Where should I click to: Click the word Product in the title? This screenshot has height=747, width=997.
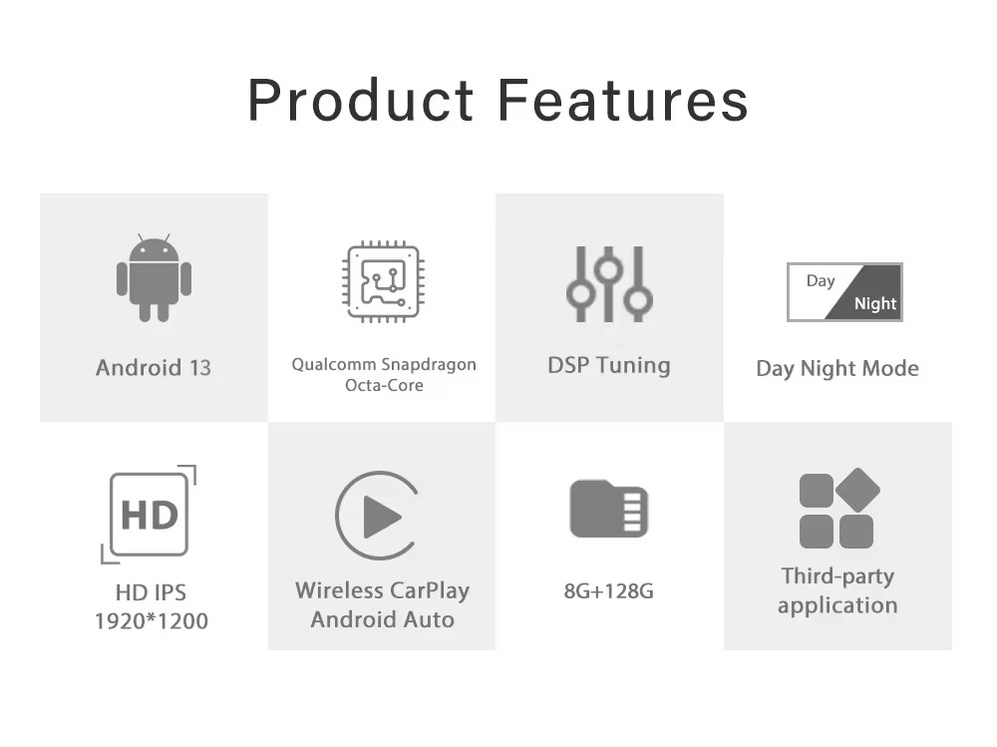(x=361, y=100)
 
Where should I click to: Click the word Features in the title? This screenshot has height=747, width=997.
(x=623, y=100)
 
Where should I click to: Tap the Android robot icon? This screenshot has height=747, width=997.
(x=154, y=277)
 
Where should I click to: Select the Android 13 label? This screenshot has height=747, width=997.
(x=154, y=368)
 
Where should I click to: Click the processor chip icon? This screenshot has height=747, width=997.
(x=384, y=281)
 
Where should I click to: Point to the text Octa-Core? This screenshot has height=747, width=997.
(x=384, y=385)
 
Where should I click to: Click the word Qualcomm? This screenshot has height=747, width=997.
(x=334, y=365)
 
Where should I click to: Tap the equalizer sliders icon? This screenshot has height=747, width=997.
(x=609, y=284)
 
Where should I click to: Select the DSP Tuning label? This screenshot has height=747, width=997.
(x=609, y=365)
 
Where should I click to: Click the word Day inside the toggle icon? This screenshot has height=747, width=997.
(x=821, y=280)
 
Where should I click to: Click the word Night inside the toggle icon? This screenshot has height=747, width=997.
(x=875, y=303)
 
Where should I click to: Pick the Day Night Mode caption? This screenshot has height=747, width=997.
(x=837, y=368)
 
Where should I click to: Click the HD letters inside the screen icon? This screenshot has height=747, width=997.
(x=150, y=515)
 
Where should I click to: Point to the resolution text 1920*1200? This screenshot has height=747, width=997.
(x=152, y=621)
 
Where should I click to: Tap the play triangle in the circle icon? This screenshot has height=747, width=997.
(x=382, y=517)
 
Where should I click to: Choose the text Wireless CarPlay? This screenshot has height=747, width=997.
(x=382, y=590)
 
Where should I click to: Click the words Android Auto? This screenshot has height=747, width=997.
(x=382, y=619)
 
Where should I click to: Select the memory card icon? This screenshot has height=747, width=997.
(x=608, y=509)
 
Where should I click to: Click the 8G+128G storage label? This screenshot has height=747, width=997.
(x=608, y=591)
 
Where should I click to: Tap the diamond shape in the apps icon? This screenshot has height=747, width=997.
(x=857, y=490)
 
